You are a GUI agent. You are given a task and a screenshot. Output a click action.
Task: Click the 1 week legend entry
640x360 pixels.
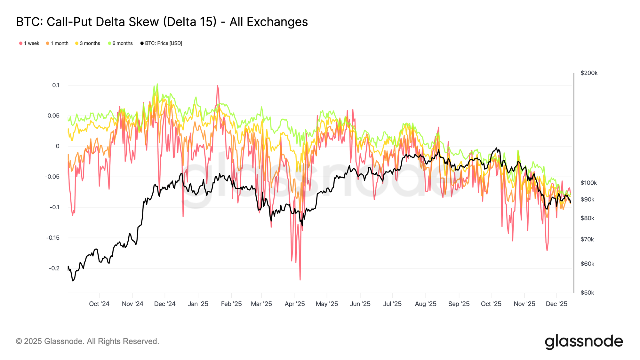(x=29, y=43)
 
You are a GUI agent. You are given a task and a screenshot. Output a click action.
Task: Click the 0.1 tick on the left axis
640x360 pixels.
(x=56, y=85)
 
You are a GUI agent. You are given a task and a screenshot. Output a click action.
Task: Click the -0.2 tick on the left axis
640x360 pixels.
(x=54, y=268)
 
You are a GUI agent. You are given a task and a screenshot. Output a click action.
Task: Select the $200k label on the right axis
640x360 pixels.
(x=589, y=73)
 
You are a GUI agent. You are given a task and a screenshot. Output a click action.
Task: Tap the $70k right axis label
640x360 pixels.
(x=587, y=239)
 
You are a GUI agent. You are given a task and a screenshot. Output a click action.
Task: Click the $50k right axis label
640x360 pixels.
(x=587, y=293)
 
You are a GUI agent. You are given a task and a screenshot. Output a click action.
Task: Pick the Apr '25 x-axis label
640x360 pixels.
(x=295, y=304)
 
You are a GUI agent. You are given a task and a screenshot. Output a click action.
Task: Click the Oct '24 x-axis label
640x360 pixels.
(x=99, y=304)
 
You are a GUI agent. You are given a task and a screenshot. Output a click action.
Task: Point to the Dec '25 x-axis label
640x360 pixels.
(x=556, y=304)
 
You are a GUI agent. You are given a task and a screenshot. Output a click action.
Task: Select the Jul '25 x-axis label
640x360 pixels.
(x=392, y=304)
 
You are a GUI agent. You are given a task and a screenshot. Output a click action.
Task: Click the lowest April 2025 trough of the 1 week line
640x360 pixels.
(x=300, y=280)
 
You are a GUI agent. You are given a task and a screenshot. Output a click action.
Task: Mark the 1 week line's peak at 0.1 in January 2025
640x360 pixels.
(x=218, y=85)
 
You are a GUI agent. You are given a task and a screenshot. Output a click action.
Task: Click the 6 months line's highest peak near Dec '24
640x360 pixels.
(x=157, y=84)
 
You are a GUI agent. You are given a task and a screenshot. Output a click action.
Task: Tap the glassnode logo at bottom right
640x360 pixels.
(x=584, y=341)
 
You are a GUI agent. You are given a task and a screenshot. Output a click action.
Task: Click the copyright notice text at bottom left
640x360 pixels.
(x=87, y=341)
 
